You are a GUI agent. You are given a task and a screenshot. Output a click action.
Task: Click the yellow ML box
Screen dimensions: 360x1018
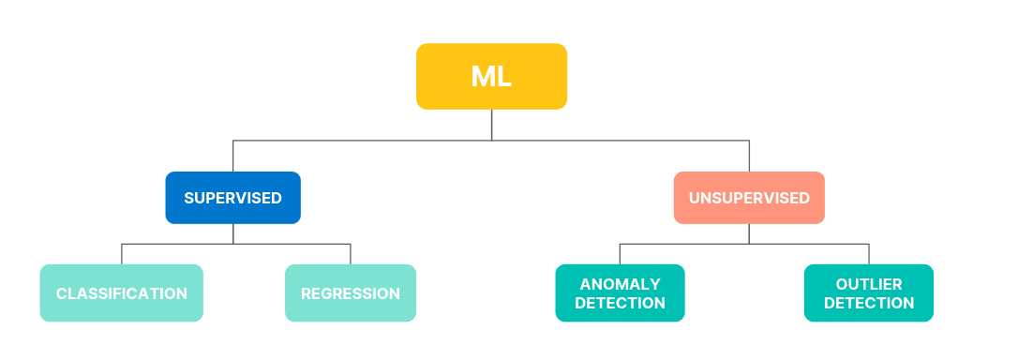pyautogui.click(x=491, y=76)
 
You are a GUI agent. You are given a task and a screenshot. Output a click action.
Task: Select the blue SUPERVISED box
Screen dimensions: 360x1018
pyautogui.click(x=232, y=198)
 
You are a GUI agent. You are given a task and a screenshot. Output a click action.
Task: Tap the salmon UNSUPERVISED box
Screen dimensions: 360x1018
pyautogui.click(x=749, y=198)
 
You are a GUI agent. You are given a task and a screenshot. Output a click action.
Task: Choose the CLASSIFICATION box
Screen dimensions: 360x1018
pyautogui.click(x=121, y=293)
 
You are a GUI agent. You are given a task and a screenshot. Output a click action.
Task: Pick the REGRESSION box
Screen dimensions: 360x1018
pyautogui.click(x=350, y=293)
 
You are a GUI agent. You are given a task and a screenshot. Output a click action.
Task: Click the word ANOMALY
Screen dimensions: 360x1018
pyautogui.click(x=620, y=283)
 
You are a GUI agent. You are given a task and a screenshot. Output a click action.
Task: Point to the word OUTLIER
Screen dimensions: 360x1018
pyautogui.click(x=868, y=283)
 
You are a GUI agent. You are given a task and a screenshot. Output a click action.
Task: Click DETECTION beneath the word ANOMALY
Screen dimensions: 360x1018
pyautogui.click(x=620, y=304)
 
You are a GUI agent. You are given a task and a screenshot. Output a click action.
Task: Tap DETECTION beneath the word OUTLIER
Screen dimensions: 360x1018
pyautogui.click(x=868, y=304)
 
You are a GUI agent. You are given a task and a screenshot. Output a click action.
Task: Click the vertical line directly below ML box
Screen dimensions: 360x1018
pyautogui.click(x=491, y=125)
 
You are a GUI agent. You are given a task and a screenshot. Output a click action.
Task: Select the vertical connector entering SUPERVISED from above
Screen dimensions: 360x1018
pyautogui.click(x=233, y=156)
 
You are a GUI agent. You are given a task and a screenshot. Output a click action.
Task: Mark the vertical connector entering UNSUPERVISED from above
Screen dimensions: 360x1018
pyautogui.click(x=749, y=156)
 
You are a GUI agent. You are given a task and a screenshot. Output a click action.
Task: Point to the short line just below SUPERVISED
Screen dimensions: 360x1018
pyautogui.click(x=233, y=233)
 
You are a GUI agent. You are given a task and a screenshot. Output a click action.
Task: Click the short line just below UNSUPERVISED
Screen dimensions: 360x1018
pyautogui.click(x=749, y=233)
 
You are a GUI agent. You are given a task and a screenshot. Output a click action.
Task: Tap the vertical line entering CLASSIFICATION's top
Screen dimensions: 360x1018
pyautogui.click(x=122, y=254)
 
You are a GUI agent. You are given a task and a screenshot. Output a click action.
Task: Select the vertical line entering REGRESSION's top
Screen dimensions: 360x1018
pyautogui.click(x=351, y=254)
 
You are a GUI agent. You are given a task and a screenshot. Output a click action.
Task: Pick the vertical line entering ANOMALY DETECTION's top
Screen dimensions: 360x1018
pyautogui.click(x=620, y=254)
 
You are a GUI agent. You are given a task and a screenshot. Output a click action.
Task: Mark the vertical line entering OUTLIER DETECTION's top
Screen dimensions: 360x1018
pyautogui.click(x=869, y=254)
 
